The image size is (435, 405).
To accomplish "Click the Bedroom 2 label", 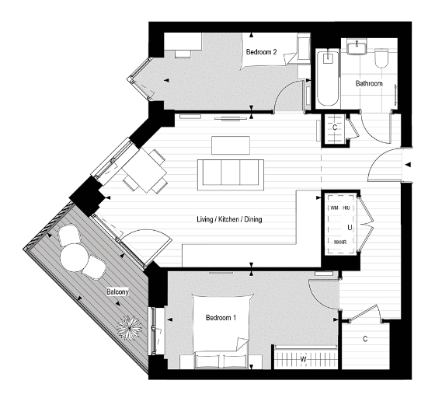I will (x=262, y=52).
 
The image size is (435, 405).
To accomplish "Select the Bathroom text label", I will (x=369, y=82).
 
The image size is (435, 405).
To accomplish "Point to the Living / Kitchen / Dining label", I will (x=229, y=220).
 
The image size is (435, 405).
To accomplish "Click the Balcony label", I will (x=117, y=292).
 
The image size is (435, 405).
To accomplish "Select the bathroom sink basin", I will (x=357, y=48).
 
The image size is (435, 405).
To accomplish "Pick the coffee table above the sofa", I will (x=231, y=145).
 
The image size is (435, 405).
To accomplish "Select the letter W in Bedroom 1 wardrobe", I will (x=304, y=359).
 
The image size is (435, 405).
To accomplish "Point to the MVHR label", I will (x=339, y=243).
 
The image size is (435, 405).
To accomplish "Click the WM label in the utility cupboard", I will (x=334, y=208).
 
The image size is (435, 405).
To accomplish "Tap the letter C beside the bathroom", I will (x=334, y=127).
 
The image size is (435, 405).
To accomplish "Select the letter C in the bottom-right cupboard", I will (x=366, y=339).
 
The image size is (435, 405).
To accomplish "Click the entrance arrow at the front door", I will (x=407, y=164).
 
